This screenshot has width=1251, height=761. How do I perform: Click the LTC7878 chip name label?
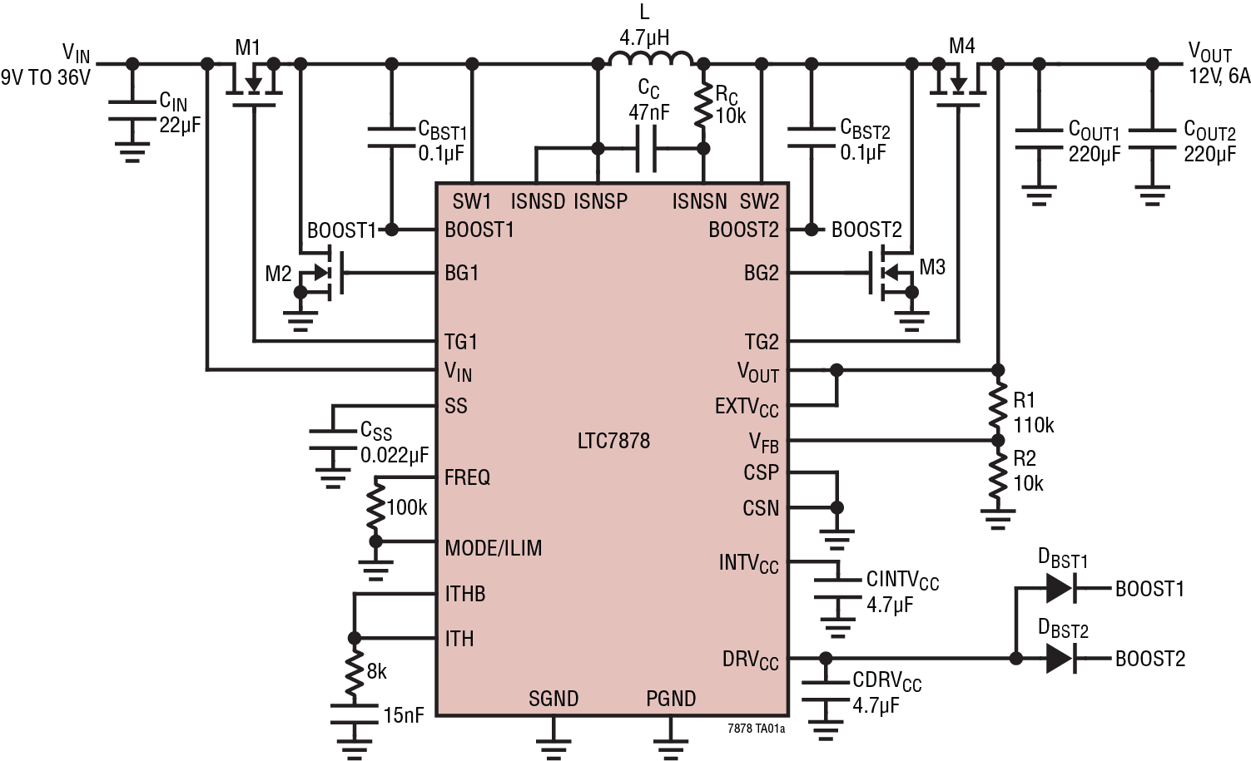pos(613,440)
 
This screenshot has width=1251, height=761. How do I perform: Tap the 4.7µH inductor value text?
pos(643,37)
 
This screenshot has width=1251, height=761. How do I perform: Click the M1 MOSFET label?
pos(247,47)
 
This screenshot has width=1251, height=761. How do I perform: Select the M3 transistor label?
pos(932,267)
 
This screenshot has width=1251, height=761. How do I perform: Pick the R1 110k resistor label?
pos(1033,413)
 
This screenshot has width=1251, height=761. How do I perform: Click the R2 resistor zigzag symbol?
pos(997,475)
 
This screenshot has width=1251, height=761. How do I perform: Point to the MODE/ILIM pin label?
pos(493,549)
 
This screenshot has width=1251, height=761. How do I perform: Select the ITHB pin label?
pos(464,594)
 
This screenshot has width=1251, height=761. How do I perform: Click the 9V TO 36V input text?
pos(45,78)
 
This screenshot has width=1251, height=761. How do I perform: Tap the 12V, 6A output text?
pos(1219,76)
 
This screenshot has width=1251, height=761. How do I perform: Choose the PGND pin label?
pos(671,699)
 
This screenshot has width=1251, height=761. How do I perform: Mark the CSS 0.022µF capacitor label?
pos(393,442)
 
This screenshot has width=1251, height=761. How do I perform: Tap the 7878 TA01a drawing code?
pos(755,728)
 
